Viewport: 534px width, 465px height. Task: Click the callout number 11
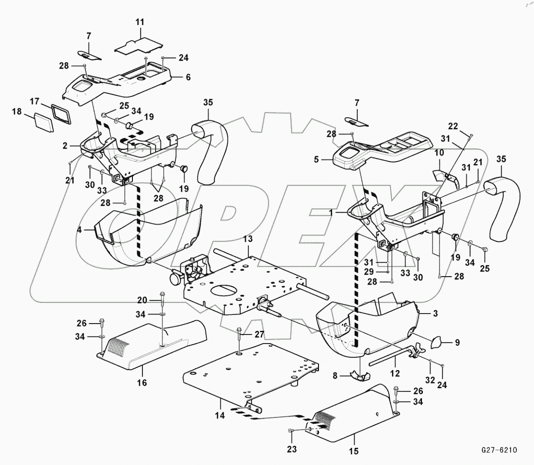(x=140, y=22)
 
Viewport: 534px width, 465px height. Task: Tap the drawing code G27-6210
(x=499, y=449)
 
